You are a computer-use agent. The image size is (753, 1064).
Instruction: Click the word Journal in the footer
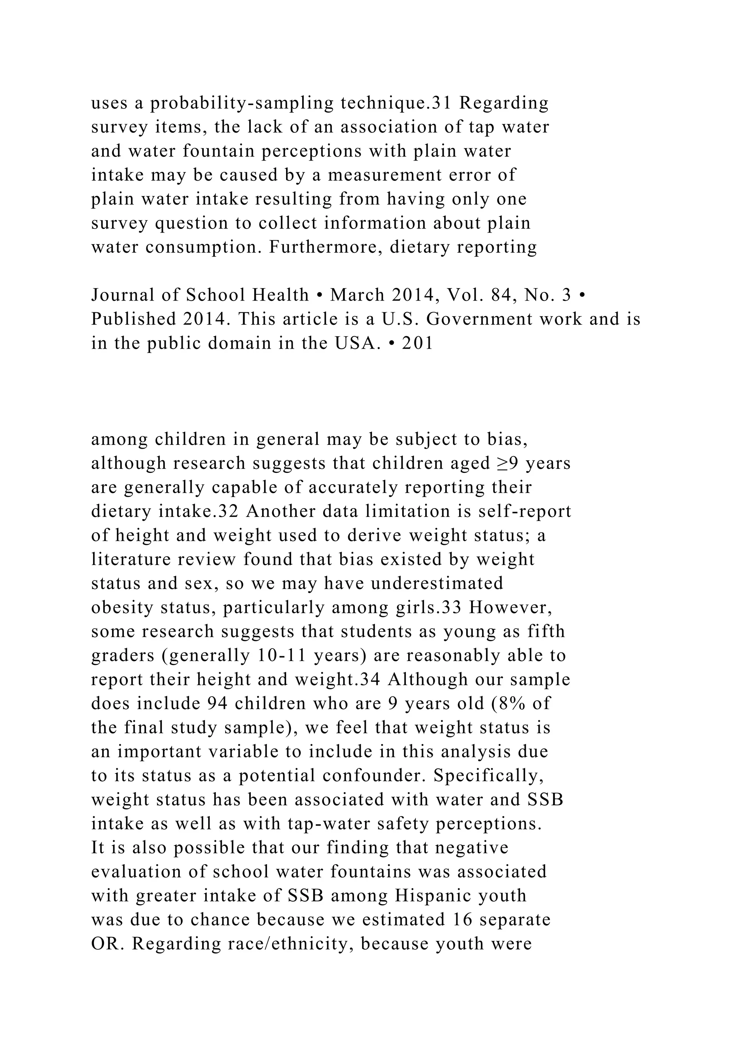(x=122, y=295)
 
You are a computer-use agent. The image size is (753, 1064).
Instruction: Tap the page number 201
(x=417, y=344)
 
